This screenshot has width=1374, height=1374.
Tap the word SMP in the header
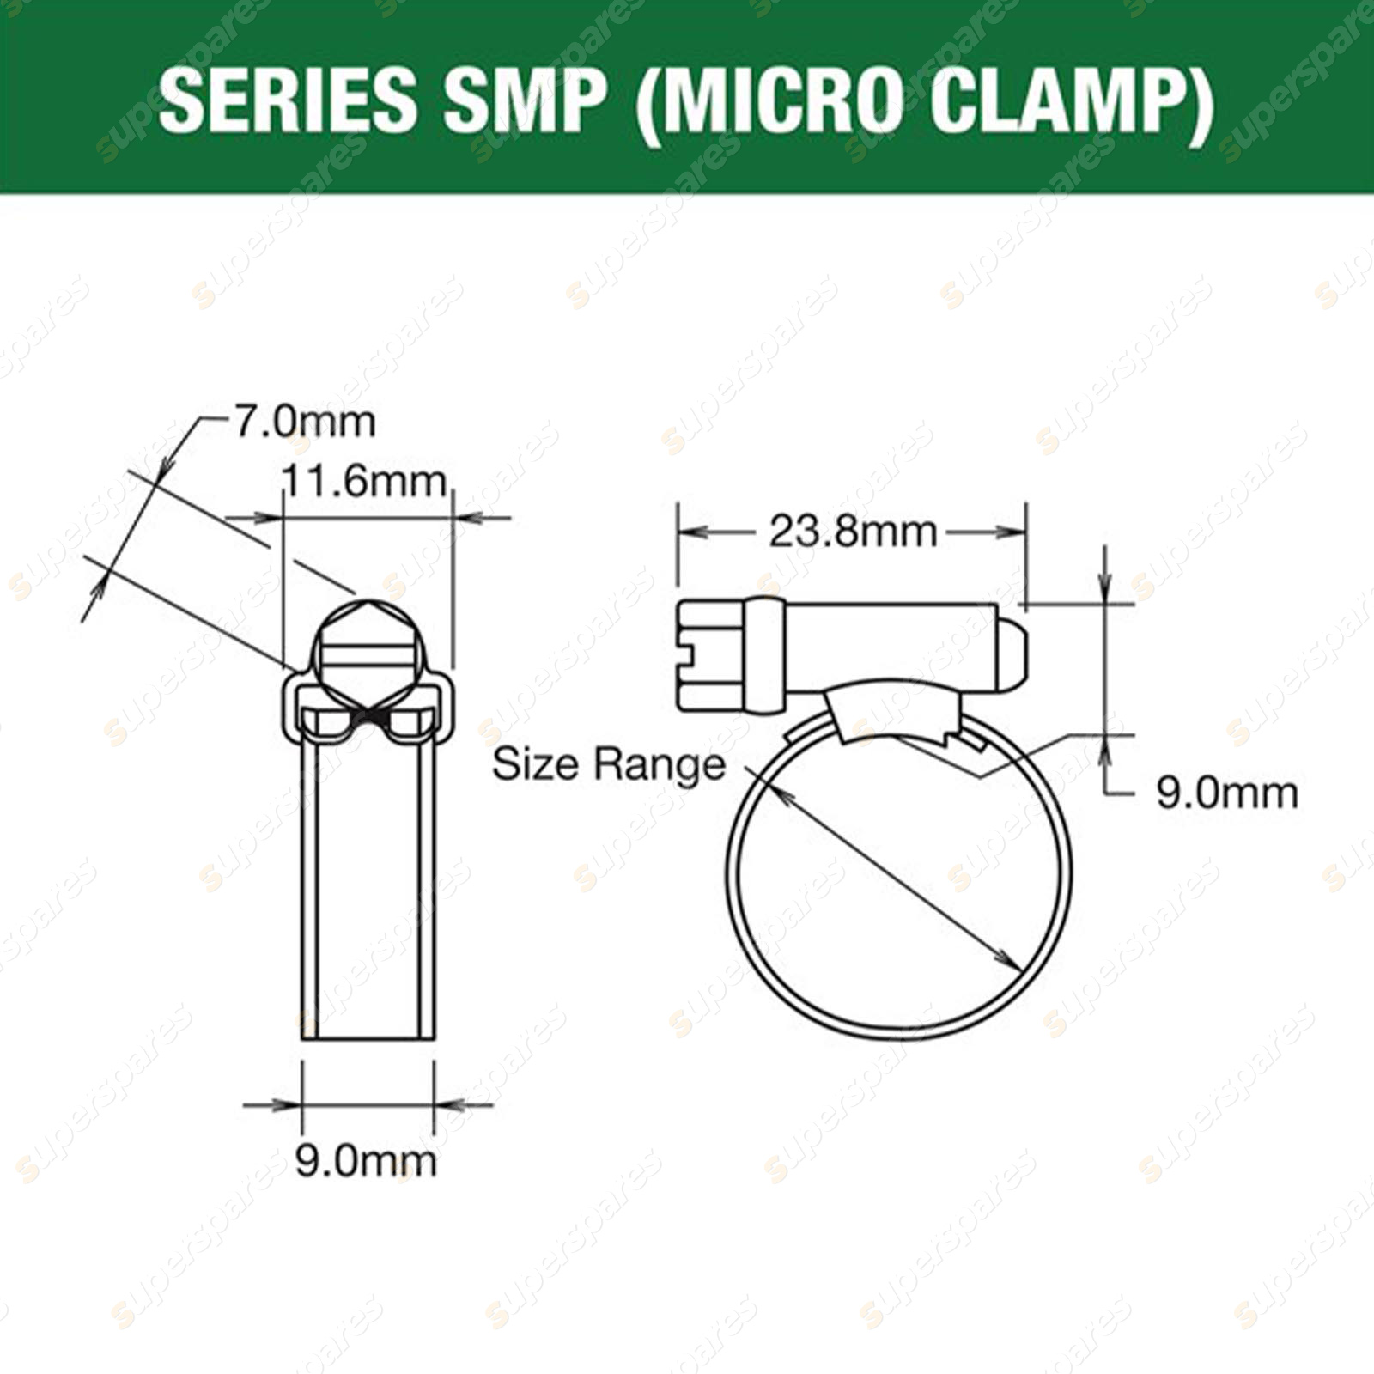tap(521, 100)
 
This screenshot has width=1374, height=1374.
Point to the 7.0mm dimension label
tap(305, 423)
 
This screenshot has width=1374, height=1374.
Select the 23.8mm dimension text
tap(852, 532)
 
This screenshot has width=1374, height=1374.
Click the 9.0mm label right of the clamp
tap(1227, 793)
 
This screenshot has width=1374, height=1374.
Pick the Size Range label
tap(609, 763)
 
